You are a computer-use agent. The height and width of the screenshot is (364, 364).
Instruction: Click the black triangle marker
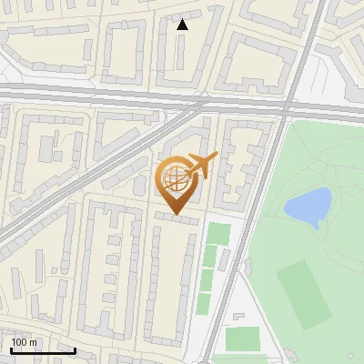[x=183, y=25]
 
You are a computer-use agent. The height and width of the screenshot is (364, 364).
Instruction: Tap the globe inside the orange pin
[x=176, y=178]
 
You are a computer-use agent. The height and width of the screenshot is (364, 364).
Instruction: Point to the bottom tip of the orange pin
[x=177, y=214]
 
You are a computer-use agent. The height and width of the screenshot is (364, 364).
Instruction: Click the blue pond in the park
[x=308, y=207]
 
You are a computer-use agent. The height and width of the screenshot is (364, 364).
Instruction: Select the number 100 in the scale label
[x=20, y=342]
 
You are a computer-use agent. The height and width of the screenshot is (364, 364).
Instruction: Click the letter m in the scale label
[x=34, y=342]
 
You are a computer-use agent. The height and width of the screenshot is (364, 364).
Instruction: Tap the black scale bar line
[x=41, y=350]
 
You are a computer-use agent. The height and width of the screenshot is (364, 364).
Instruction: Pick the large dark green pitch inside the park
[x=304, y=293]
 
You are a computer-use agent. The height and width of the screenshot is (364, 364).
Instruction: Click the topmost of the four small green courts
[x=217, y=233]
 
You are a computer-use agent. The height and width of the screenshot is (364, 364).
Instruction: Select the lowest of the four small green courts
[x=204, y=304]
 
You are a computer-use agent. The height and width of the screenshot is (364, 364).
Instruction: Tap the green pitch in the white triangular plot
[x=241, y=339]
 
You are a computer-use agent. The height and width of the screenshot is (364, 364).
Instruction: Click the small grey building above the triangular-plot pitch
[x=239, y=317]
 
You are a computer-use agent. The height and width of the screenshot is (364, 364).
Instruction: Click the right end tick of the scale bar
[x=76, y=349]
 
